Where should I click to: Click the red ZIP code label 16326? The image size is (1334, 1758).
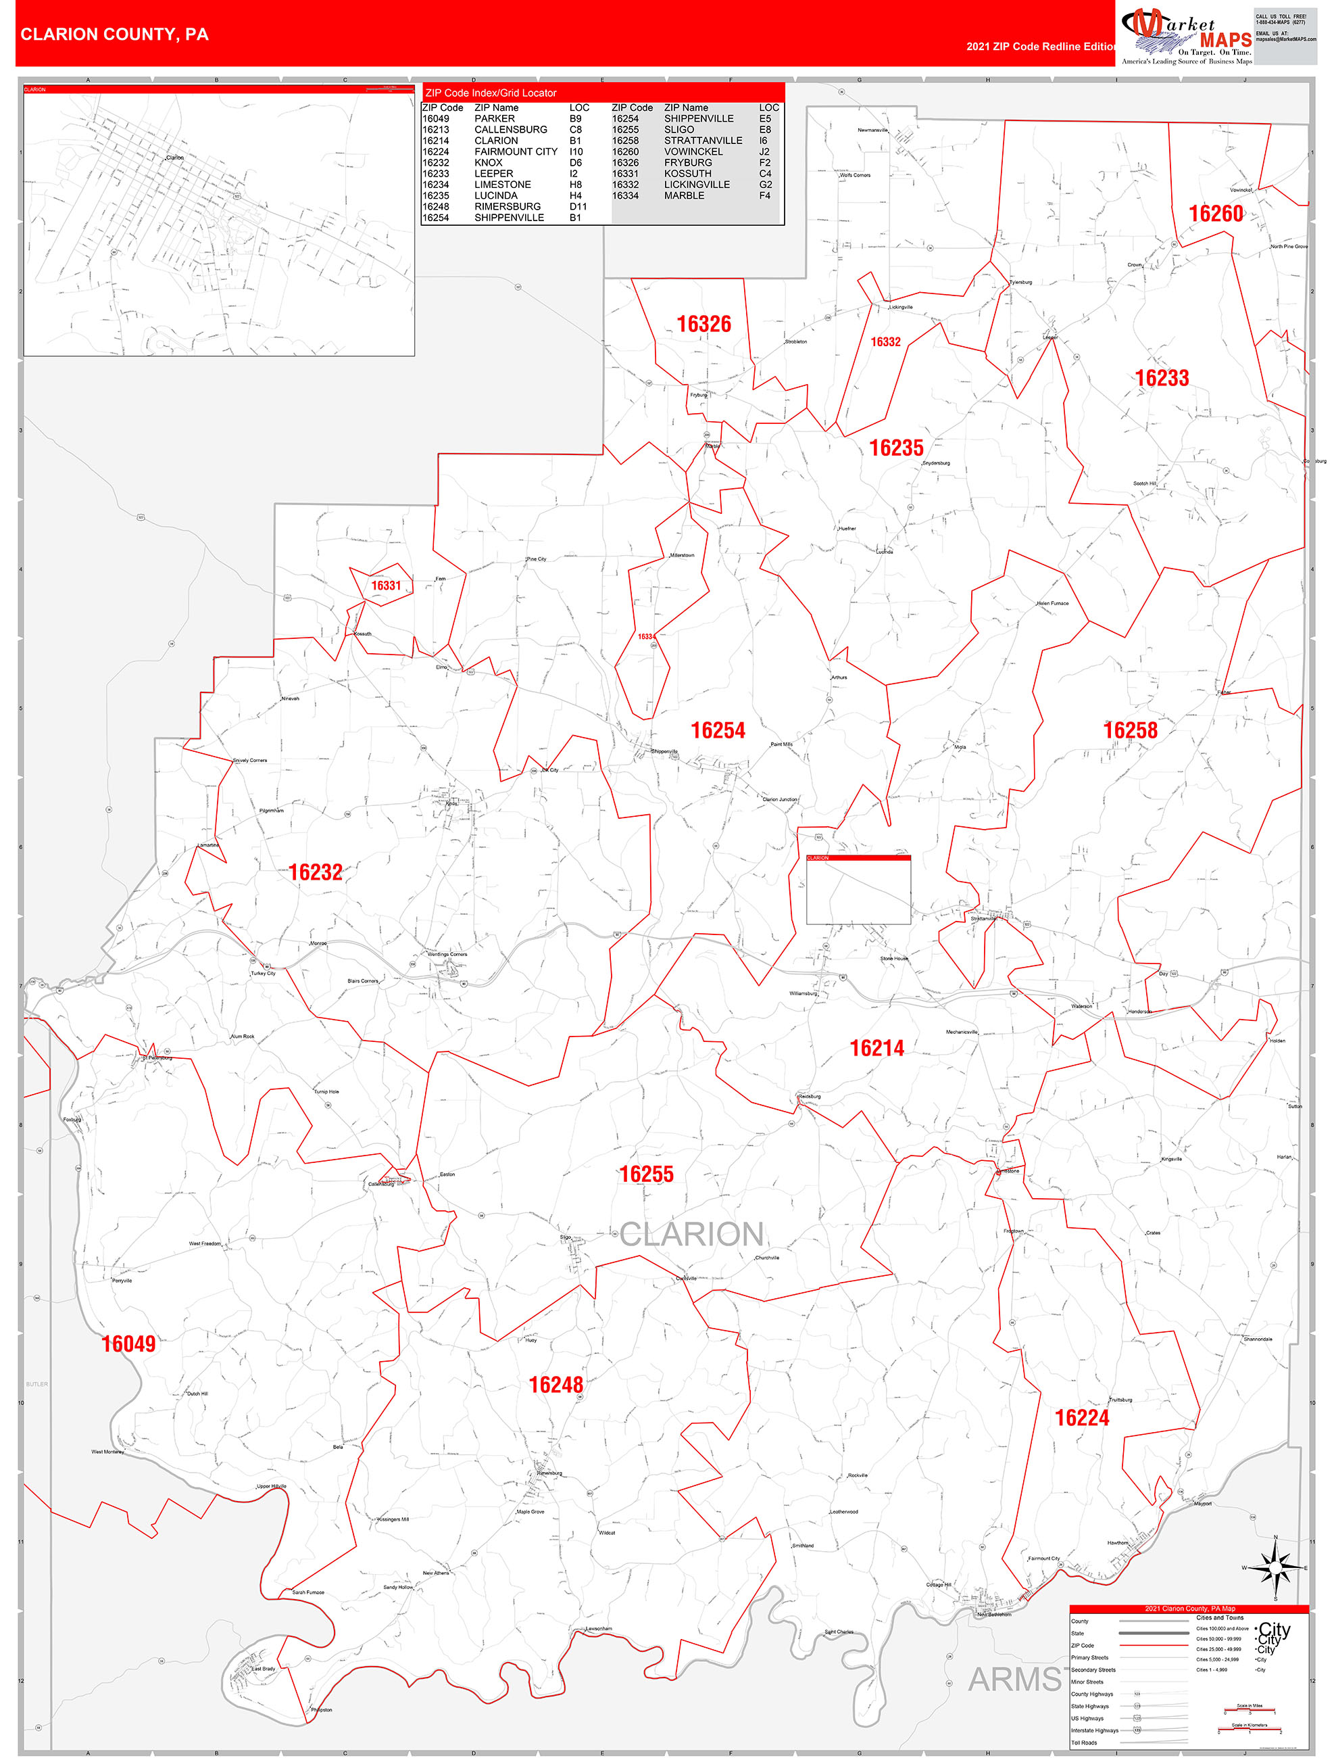703,325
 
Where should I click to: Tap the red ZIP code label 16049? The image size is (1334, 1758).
128,1344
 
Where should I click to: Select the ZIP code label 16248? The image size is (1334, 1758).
556,1385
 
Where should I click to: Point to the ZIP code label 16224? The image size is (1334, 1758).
1081,1418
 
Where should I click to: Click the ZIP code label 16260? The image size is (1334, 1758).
1216,214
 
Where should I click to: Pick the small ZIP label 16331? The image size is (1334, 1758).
386,586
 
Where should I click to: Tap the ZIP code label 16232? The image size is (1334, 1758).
316,873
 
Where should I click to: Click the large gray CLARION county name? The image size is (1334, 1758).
691,1234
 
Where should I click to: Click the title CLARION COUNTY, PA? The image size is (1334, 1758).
114,34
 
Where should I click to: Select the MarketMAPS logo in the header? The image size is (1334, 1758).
1186,36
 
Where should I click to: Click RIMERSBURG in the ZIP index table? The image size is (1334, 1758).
508,207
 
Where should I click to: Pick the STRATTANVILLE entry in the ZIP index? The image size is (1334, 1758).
703,141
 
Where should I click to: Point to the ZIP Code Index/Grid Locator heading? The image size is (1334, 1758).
491,93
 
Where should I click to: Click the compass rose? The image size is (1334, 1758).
1275,1567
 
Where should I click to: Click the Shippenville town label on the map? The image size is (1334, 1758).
664,751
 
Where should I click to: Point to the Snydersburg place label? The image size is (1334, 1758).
936,462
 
